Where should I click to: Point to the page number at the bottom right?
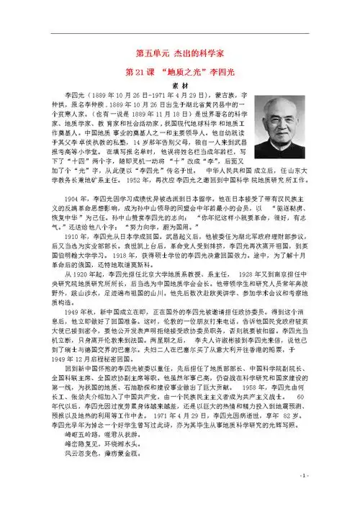pos(326,495)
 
